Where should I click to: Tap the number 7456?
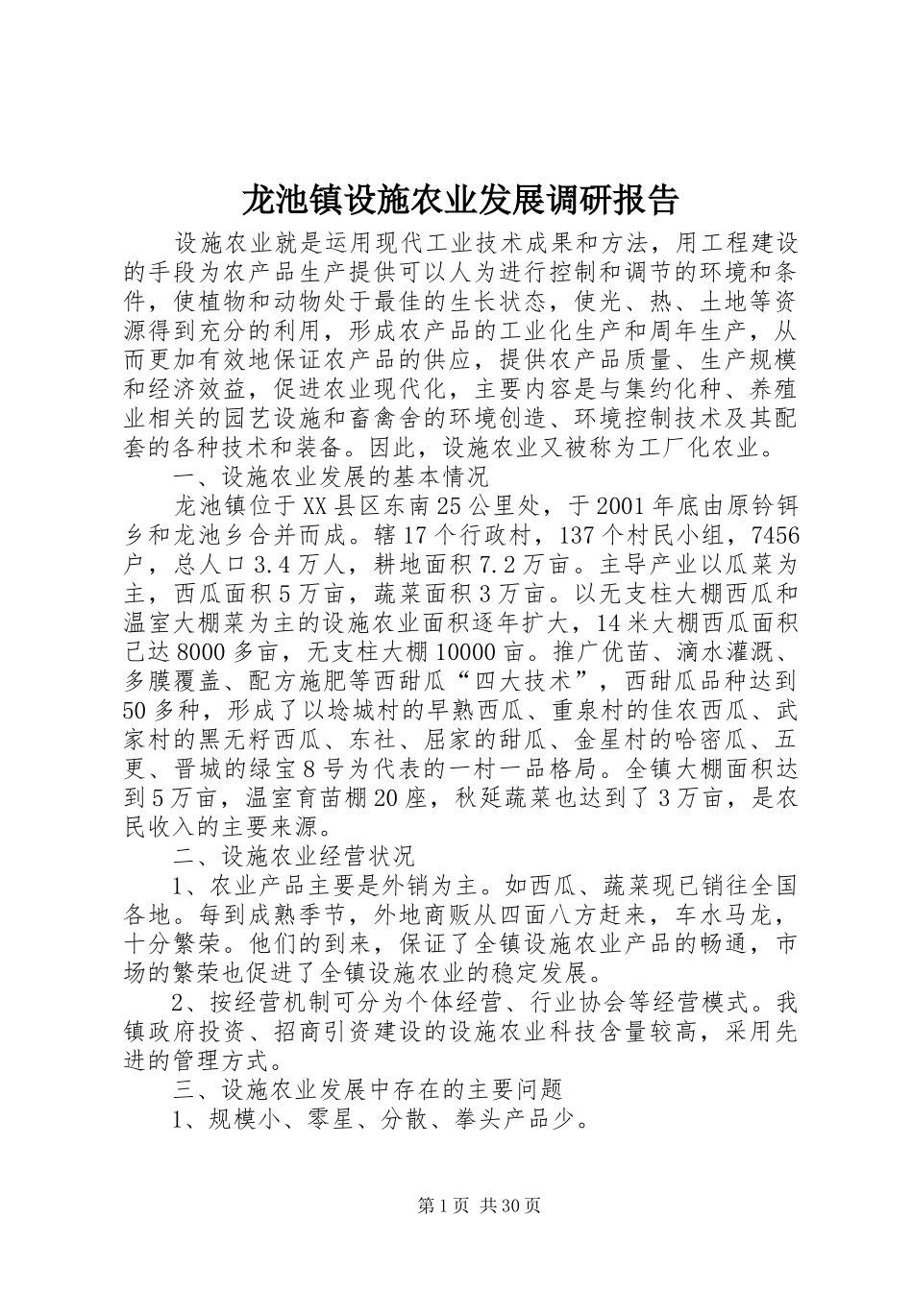pos(777,535)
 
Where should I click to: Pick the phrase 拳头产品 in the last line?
pos(501,1120)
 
